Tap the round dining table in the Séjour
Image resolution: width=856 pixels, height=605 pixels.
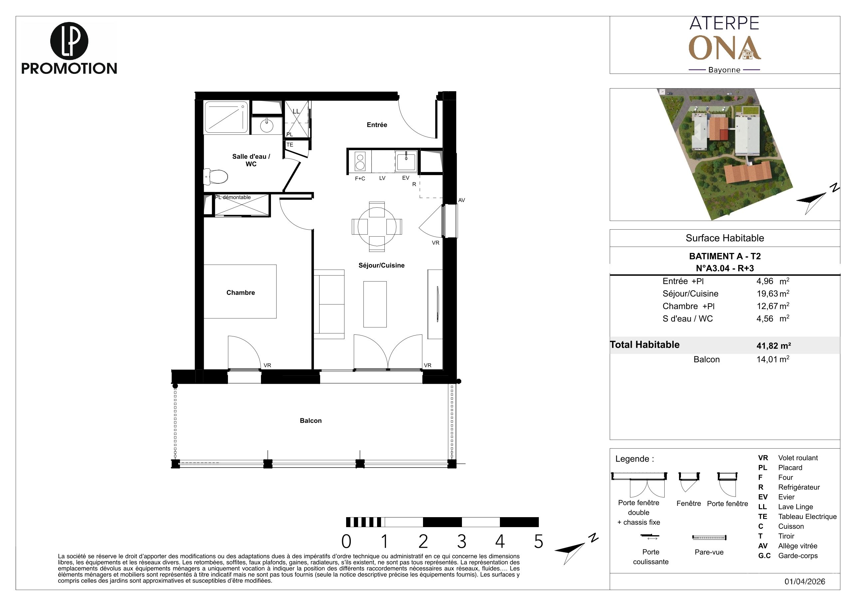[x=376, y=226]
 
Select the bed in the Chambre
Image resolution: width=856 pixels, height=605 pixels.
[x=240, y=292]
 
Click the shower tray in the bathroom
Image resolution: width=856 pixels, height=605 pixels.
[x=226, y=117]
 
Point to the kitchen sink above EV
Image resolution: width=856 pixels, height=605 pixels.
[x=406, y=161]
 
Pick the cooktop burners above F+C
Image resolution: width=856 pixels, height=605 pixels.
[x=360, y=161]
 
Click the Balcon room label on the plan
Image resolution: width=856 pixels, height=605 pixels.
[x=311, y=421]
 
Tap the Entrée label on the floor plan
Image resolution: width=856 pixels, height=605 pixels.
[x=377, y=125]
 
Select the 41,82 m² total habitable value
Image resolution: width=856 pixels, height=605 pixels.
[x=773, y=345]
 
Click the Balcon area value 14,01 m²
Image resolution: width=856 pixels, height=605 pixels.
[x=773, y=359]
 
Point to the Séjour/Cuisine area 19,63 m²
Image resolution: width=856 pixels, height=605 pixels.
[x=773, y=294]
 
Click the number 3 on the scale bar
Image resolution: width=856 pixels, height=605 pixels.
[x=462, y=542]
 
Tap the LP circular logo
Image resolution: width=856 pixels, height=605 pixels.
[x=69, y=41]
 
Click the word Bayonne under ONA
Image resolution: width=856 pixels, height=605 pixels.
[x=725, y=70]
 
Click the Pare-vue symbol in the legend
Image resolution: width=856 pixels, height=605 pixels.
[x=709, y=537]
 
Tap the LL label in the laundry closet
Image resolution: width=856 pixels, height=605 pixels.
[x=296, y=111]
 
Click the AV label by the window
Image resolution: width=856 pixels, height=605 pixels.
[x=462, y=200]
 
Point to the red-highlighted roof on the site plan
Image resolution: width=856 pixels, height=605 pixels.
[x=724, y=134]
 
